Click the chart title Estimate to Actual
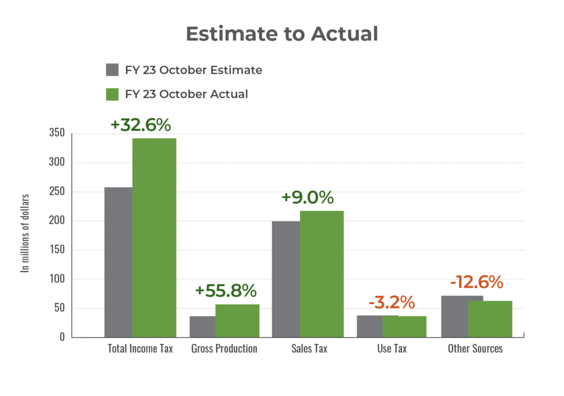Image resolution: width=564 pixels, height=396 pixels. [x=282, y=34]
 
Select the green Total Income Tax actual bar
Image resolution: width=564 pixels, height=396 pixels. [x=154, y=237]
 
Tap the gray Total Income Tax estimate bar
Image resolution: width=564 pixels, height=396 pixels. [x=118, y=262]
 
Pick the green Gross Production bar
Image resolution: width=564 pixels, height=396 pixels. [x=237, y=320]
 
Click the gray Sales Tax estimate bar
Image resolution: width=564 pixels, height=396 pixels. [x=286, y=279]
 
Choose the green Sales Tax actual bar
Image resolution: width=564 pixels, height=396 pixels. [x=322, y=274]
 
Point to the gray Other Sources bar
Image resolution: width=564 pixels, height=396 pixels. [x=454, y=316]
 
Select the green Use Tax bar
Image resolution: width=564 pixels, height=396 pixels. [x=404, y=326]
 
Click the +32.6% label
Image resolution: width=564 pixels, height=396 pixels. [x=141, y=125]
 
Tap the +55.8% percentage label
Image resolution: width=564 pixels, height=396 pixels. [x=226, y=291]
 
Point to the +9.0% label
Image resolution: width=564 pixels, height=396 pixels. [x=308, y=198]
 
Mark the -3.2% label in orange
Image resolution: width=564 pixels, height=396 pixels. [x=392, y=303]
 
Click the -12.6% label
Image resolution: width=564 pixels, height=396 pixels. [x=476, y=282]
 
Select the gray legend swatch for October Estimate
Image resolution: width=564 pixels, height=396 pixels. [x=112, y=70]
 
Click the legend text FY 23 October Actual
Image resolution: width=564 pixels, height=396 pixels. [x=186, y=94]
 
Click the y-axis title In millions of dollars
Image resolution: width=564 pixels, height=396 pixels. [x=26, y=233]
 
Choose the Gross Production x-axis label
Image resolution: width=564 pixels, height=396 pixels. [x=224, y=349]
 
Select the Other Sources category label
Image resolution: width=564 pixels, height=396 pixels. [x=475, y=349]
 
